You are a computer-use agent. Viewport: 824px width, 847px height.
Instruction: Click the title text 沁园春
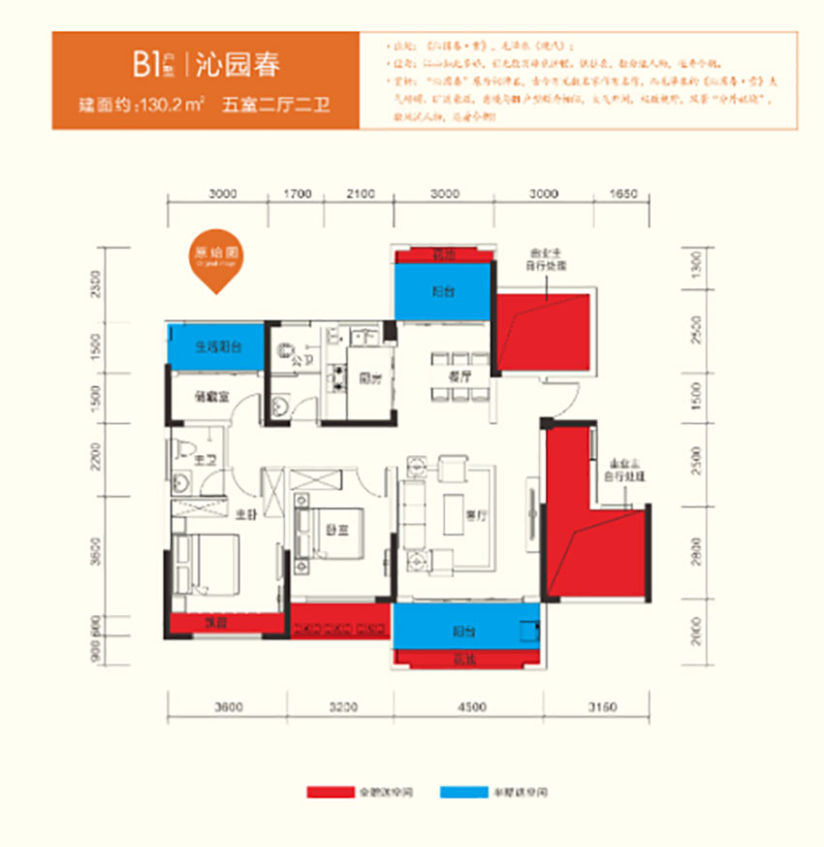click(238, 66)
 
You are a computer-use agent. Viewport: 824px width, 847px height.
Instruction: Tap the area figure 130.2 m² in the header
click(172, 106)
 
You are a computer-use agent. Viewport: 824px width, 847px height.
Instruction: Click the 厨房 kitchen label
click(367, 380)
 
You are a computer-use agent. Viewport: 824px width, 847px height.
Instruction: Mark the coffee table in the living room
click(455, 505)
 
